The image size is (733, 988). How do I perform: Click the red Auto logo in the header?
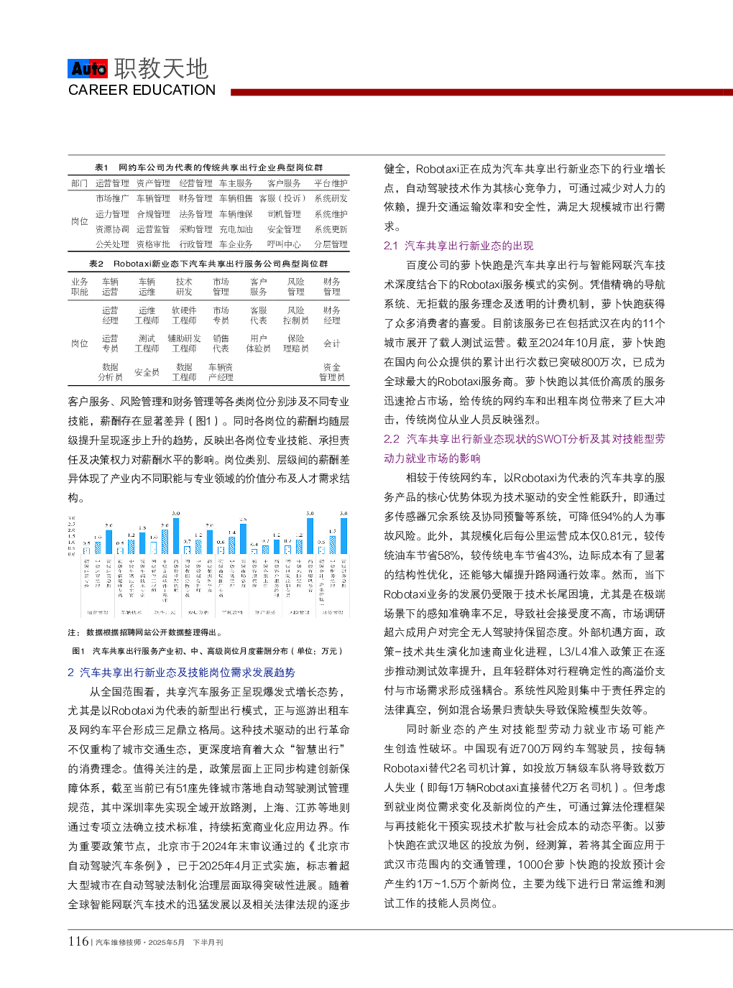point(88,68)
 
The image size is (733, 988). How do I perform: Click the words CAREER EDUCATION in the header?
point(142,91)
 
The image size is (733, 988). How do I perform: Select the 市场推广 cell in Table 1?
point(112,198)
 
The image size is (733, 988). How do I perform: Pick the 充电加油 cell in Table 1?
point(236,229)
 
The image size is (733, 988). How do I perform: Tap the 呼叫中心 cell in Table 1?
point(284,244)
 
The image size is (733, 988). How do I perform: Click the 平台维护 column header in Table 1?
point(331,183)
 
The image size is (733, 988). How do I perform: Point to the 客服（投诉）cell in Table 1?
point(282,198)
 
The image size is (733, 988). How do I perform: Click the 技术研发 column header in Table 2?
point(184,287)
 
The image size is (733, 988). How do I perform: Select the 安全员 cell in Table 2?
point(147,372)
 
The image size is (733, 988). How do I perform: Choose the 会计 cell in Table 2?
point(331,343)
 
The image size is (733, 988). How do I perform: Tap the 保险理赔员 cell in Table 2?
point(295,343)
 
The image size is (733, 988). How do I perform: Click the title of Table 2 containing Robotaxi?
point(208,264)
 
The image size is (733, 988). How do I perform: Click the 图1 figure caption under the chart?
point(208,651)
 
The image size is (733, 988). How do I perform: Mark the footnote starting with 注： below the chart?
point(144,632)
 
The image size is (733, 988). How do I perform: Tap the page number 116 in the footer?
point(78,941)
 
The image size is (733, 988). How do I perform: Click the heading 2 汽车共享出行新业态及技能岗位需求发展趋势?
point(181,673)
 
